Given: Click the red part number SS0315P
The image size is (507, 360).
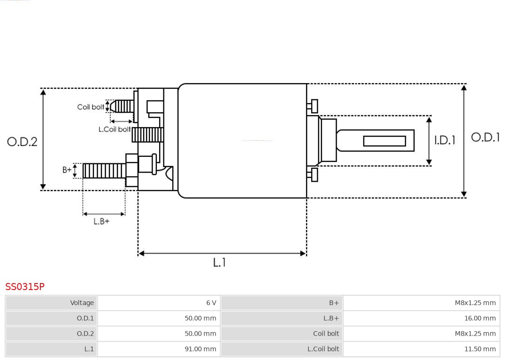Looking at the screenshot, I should click(x=25, y=286).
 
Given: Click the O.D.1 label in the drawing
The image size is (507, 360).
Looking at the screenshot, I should click(x=485, y=138).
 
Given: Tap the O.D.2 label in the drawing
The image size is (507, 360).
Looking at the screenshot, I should click(x=22, y=142).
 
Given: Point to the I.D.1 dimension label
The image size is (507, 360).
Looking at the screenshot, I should click(x=444, y=140).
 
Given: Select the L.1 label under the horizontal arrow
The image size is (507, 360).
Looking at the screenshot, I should click(x=219, y=263).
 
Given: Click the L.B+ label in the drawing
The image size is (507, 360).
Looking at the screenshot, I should click(x=101, y=222).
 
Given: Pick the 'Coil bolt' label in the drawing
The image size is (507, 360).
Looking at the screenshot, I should click(x=91, y=107).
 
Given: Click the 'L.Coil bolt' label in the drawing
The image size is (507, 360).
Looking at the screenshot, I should click(x=115, y=129).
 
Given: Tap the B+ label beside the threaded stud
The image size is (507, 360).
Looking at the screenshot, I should click(x=67, y=170).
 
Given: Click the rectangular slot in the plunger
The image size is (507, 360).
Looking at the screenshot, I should click(x=384, y=141).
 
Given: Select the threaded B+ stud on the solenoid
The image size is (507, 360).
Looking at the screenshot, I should click(x=104, y=171).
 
